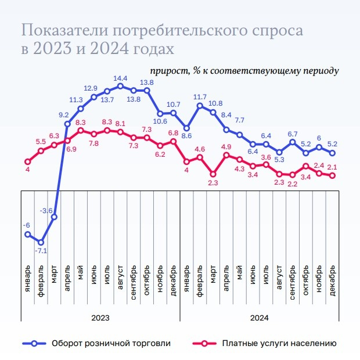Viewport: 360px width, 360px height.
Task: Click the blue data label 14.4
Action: click(x=120, y=78)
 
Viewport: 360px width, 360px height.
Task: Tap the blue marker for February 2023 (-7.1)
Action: click(x=41, y=242)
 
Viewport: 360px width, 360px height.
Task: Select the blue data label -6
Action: click(x=26, y=225)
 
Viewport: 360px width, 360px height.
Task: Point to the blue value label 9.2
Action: click(x=64, y=114)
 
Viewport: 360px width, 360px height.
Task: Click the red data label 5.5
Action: click(x=41, y=142)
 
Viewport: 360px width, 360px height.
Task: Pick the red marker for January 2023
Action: click(x=27, y=162)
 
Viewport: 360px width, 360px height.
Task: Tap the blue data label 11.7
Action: click(x=200, y=97)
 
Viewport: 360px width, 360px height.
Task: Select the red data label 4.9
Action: click(x=226, y=146)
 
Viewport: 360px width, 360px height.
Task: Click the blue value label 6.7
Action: click(x=293, y=134)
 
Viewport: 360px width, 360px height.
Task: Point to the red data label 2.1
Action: click(x=333, y=167)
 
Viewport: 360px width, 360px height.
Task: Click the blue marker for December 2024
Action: click(x=333, y=153)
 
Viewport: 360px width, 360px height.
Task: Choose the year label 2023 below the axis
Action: click(x=100, y=318)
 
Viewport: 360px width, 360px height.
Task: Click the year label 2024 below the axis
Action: click(x=260, y=318)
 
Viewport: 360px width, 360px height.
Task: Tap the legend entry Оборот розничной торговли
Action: click(x=110, y=343)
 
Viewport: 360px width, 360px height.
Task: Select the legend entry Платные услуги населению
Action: click(x=279, y=343)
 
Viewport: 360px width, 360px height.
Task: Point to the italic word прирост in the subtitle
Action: click(x=168, y=70)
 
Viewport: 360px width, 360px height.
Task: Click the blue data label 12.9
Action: click(x=91, y=88)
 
